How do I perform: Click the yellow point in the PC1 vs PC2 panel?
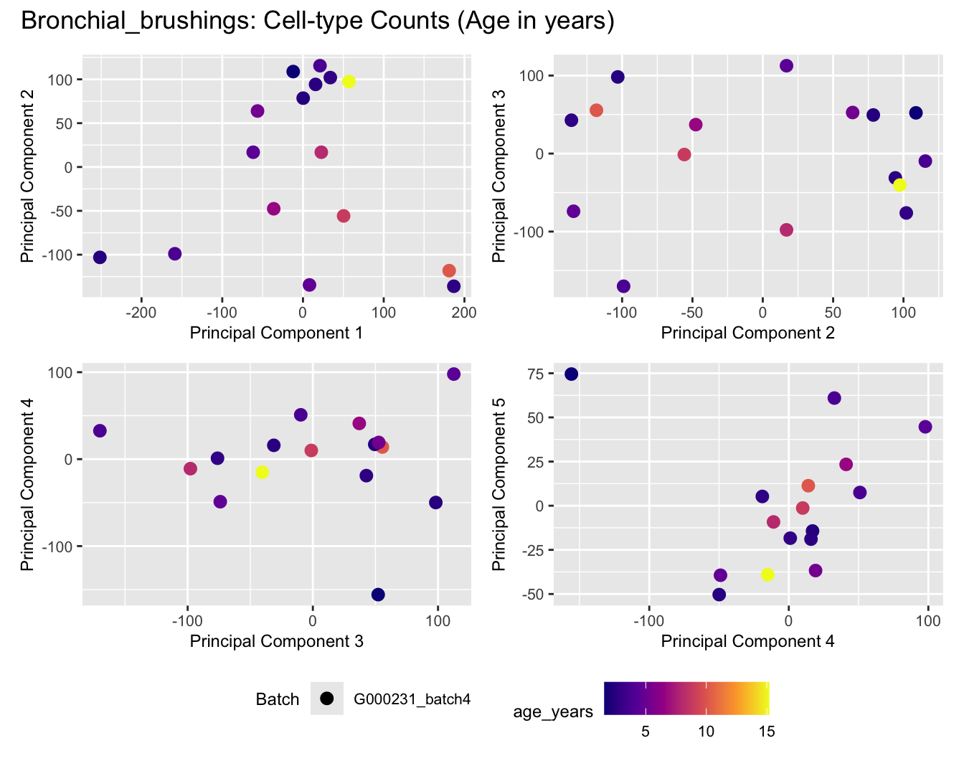pos(349,82)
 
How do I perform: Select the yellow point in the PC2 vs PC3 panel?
pos(899,185)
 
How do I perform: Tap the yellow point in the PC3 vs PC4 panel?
pos(263,472)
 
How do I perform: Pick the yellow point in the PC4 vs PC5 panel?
pos(767,574)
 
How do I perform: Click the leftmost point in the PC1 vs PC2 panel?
pos(100,257)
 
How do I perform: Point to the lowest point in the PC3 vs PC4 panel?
pos(378,595)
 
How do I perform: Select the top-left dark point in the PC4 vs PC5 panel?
pos(571,374)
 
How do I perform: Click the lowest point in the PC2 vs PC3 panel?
pos(623,286)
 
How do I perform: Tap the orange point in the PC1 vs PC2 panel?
pos(449,270)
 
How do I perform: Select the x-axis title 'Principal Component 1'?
pos(276,333)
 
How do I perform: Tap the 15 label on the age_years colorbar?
pos(767,732)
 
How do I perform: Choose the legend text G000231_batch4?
pos(412,699)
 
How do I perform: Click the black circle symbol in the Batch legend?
pos(327,699)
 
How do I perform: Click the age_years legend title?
pos(553,711)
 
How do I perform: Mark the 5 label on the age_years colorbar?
pos(646,732)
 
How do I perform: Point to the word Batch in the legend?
pos(278,699)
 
